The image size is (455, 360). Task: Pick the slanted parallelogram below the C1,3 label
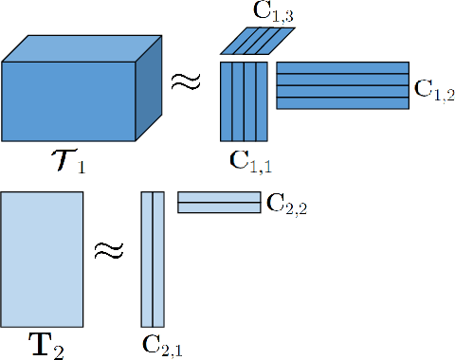(258, 40)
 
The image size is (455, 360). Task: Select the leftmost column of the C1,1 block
(227, 100)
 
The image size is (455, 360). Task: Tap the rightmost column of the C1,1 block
(264, 100)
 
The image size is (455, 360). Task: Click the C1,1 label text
(250, 158)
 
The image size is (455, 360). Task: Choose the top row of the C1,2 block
(342, 68)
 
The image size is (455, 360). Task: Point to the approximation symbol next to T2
(110, 251)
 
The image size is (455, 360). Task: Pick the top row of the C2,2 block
(218, 197)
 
